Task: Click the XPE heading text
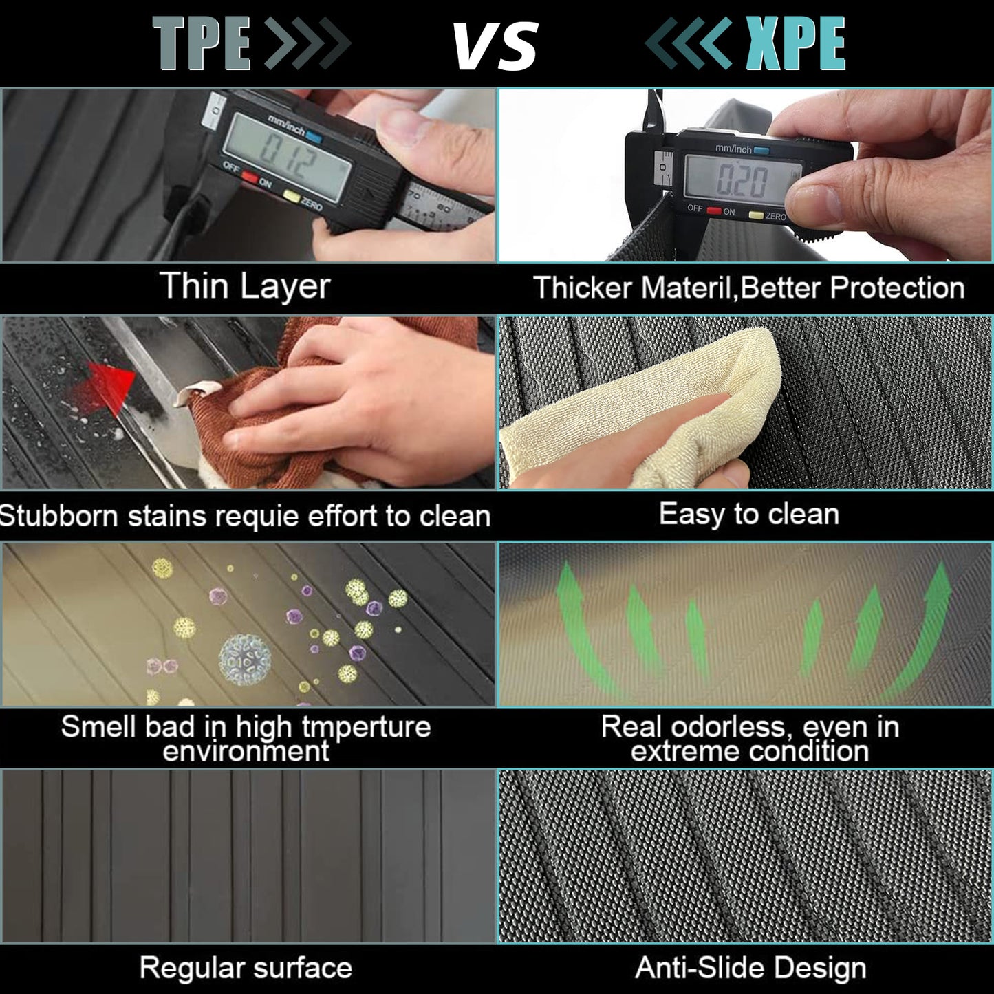(795, 43)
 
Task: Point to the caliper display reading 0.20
(744, 180)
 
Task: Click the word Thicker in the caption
(583, 288)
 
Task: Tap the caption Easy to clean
(749, 515)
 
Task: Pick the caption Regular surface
(246, 968)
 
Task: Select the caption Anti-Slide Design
(750, 968)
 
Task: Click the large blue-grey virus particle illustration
(244, 659)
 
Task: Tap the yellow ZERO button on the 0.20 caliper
(756, 215)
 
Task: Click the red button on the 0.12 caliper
(250, 176)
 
